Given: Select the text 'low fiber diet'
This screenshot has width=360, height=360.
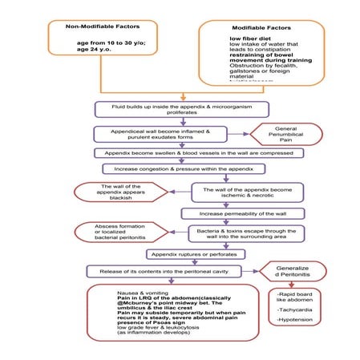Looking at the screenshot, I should tap(253, 38).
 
